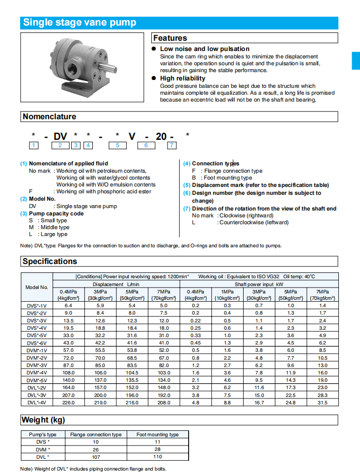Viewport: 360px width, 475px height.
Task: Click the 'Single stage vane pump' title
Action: click(x=80, y=23)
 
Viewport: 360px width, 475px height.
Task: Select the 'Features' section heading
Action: click(x=170, y=38)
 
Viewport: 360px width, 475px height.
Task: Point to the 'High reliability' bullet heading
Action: click(x=183, y=78)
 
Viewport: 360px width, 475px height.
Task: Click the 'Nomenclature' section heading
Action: click(x=49, y=116)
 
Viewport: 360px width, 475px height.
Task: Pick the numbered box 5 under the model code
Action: click(x=117, y=145)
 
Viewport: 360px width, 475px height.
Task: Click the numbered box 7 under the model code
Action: click(x=171, y=145)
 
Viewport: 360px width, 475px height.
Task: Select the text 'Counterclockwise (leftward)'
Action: click(x=254, y=222)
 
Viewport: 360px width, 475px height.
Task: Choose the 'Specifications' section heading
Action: click(x=50, y=261)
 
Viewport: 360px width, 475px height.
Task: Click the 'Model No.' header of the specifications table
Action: click(x=37, y=287)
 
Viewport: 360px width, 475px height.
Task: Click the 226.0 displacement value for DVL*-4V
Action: click(x=68, y=402)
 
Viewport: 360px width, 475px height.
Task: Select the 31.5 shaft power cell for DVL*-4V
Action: click(x=322, y=402)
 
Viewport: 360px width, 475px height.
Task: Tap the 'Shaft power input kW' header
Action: click(x=259, y=284)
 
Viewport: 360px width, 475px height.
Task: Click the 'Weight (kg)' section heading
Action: click(x=43, y=420)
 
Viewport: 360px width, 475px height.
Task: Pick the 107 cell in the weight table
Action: click(x=95, y=457)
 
